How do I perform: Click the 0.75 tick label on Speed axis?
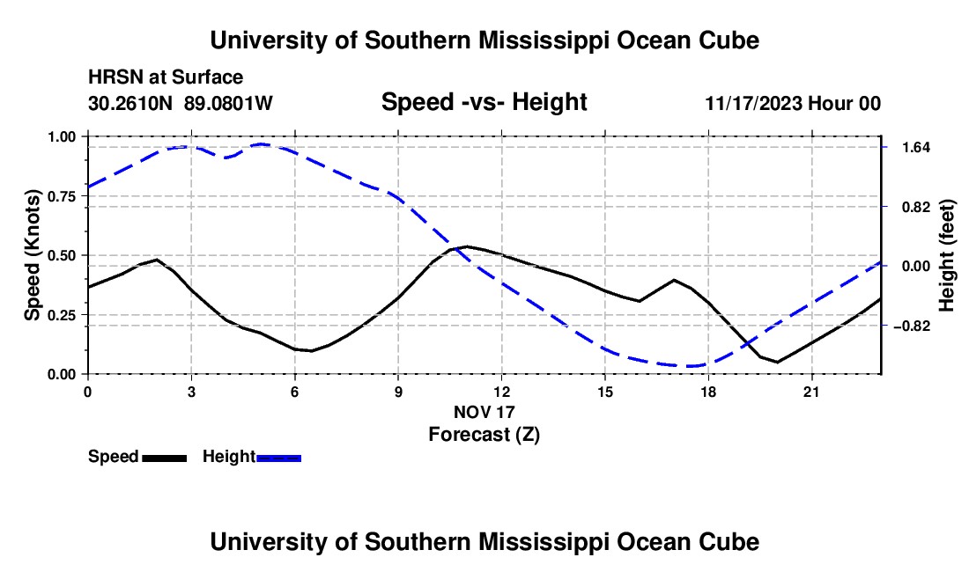61,196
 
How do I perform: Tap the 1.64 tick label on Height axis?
916,148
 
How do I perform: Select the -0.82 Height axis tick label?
912,326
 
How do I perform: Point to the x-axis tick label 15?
605,392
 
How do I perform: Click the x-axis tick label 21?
811,392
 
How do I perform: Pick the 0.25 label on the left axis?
61,315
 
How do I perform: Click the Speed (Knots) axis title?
32,255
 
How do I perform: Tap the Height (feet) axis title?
947,255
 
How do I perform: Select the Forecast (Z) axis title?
484,435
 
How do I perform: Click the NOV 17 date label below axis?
484,412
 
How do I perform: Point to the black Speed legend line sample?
165,458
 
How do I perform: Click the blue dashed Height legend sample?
278,458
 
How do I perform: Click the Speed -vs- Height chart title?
484,102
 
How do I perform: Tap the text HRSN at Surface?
166,77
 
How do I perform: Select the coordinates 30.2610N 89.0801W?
181,103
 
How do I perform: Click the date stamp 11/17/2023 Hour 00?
793,103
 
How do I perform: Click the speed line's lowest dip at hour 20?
778,363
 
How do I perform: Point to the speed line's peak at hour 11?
467,246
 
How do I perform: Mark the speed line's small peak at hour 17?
674,280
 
